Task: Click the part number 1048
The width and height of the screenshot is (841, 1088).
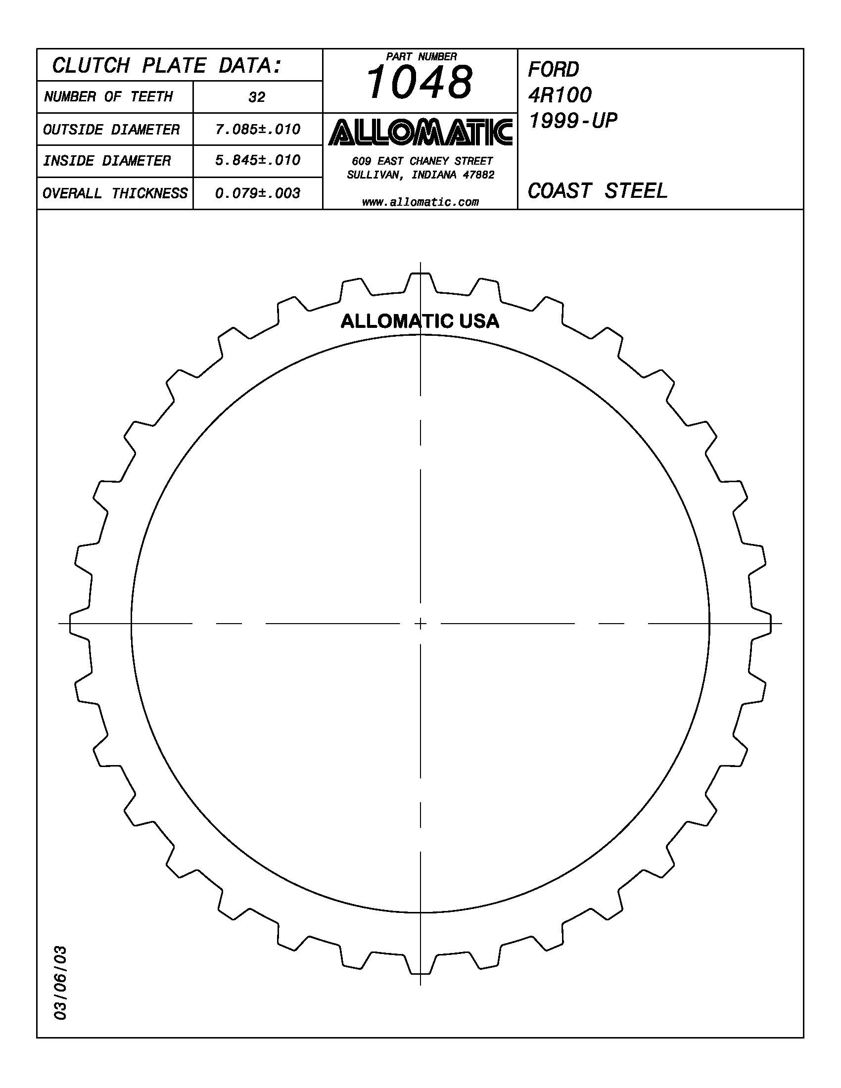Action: tap(419, 83)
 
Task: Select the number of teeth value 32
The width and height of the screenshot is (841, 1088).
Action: tap(257, 97)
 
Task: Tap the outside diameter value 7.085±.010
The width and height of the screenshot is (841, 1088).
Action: tap(258, 130)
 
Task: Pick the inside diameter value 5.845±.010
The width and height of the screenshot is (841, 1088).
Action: tap(258, 160)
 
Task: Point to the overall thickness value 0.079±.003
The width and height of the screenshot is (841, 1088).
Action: tap(258, 193)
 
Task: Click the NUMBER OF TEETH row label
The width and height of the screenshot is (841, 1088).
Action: tap(109, 96)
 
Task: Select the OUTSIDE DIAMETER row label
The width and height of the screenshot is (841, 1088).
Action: tap(111, 130)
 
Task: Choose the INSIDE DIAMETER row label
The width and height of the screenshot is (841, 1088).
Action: tap(107, 160)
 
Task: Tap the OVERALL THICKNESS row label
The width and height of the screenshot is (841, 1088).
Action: tap(115, 193)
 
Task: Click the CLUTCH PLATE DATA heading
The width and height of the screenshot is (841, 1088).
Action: tap(167, 65)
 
